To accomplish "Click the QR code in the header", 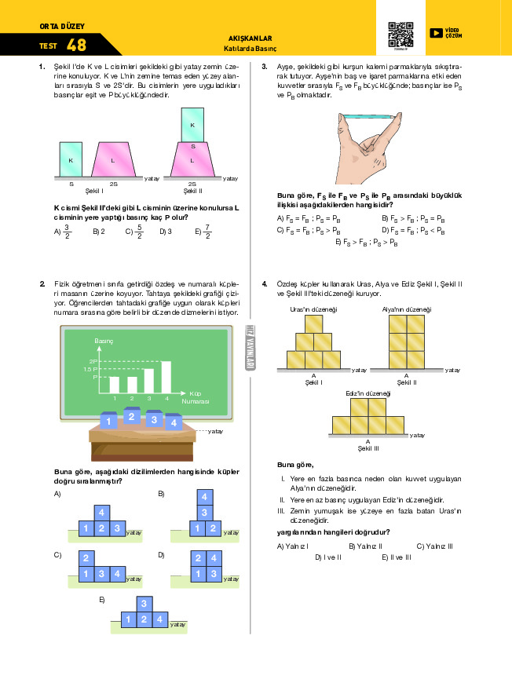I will pyautogui.click(x=400, y=34).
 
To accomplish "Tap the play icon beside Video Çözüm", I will pyautogui.click(x=435, y=33).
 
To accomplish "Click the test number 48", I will pyautogui.click(x=77, y=45).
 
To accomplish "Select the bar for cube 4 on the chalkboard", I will pyautogui.click(x=166, y=377).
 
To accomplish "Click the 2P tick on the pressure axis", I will pyautogui.click(x=92, y=361).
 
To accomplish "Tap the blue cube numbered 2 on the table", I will pyautogui.click(x=132, y=416).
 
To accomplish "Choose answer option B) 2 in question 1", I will pyautogui.click(x=98, y=232).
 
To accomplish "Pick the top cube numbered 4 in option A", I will pyautogui.click(x=101, y=513).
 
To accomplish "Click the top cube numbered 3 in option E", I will pyautogui.click(x=143, y=603).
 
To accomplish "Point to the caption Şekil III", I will pyautogui.click(x=368, y=448).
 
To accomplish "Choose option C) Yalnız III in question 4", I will pyautogui.click(x=434, y=546).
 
